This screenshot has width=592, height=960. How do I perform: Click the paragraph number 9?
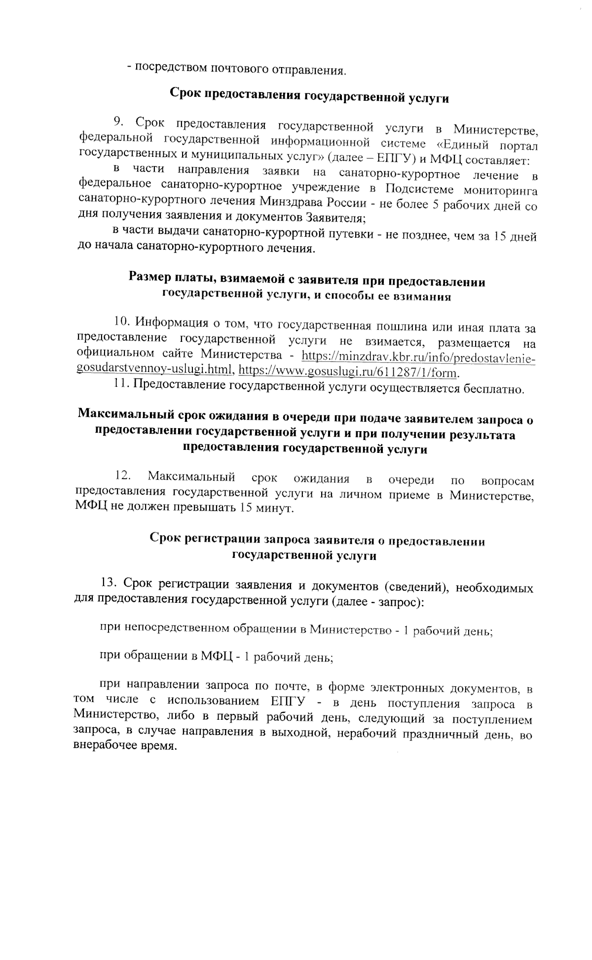(118, 122)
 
